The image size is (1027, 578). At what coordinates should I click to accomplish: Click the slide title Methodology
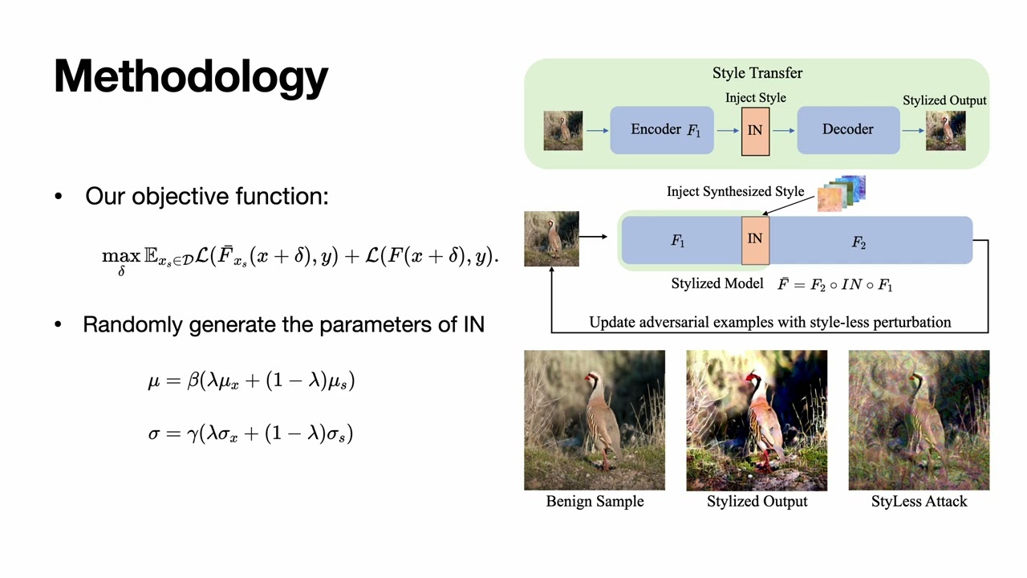click(191, 77)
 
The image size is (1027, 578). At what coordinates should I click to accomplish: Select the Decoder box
click(847, 129)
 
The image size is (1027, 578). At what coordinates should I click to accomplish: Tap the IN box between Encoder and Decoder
click(755, 130)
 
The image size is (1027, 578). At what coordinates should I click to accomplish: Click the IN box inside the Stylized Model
click(755, 239)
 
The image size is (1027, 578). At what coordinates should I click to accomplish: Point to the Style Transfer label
click(757, 73)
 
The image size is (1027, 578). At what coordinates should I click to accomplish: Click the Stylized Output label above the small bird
click(944, 100)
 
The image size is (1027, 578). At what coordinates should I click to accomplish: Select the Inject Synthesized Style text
click(735, 192)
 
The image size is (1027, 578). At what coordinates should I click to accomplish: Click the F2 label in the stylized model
click(859, 242)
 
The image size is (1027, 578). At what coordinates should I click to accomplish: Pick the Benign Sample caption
click(595, 502)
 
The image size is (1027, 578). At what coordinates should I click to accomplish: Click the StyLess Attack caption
click(919, 502)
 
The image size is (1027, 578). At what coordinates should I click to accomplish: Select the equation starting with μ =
click(251, 381)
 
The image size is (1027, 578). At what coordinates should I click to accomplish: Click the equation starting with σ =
click(250, 433)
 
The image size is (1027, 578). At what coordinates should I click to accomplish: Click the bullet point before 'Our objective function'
click(58, 197)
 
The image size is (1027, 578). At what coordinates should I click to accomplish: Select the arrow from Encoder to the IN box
click(728, 130)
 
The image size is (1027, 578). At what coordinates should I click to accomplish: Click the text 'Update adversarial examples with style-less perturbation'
click(769, 323)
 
